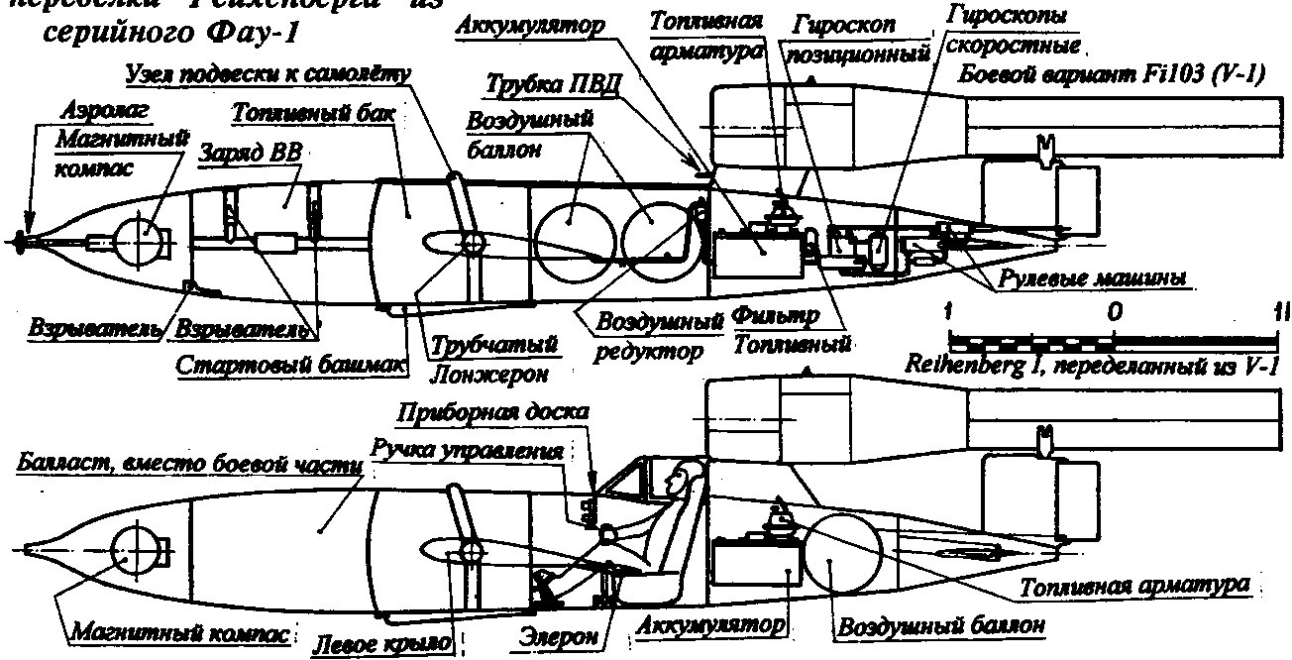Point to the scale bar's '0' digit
tap(1117, 312)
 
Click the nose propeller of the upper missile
tap(21, 239)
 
